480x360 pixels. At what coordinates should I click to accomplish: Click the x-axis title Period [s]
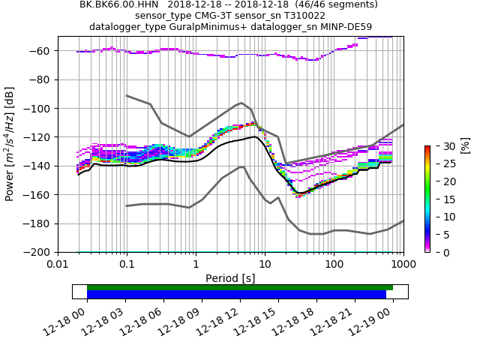[230, 278]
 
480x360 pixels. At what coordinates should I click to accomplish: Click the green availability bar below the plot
[240, 287]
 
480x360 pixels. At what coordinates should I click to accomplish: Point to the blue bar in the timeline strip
[236, 295]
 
